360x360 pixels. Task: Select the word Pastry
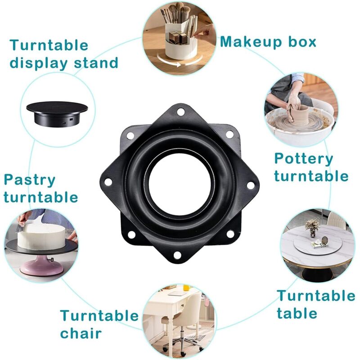(30, 181)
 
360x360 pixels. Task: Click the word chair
(81, 333)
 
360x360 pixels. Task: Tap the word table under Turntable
(297, 313)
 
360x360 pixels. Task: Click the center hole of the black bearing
(180, 183)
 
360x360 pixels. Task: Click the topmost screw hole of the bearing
(181, 112)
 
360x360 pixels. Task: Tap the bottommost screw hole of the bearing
(177, 255)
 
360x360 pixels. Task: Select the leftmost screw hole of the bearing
(108, 182)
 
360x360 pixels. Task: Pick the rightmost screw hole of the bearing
(251, 185)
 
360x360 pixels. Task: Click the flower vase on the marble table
(312, 228)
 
